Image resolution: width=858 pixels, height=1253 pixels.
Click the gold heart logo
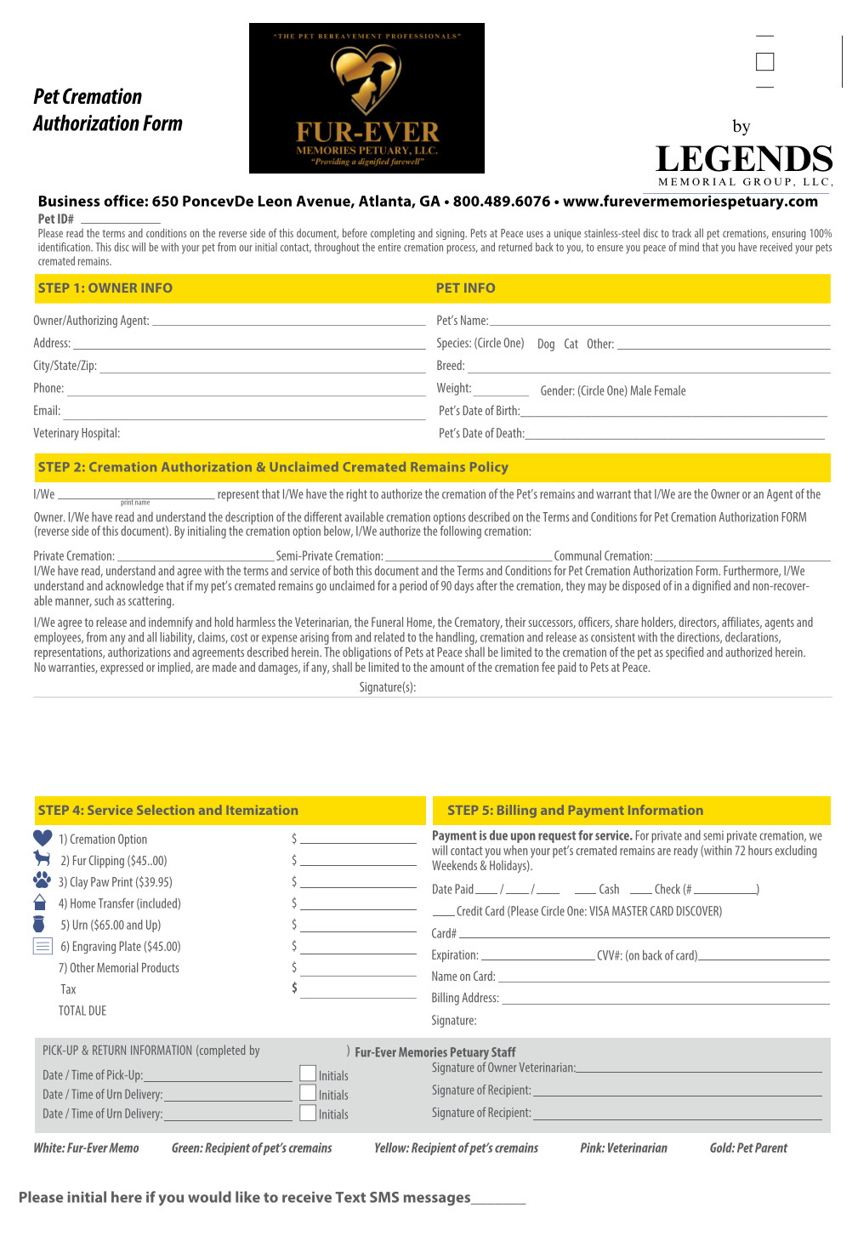(366, 78)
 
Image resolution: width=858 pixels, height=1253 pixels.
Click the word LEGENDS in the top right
(744, 159)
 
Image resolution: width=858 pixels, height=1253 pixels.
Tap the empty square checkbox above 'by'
(764, 62)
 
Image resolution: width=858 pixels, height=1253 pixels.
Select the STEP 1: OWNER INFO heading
(105, 288)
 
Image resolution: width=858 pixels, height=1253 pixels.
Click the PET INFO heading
(465, 288)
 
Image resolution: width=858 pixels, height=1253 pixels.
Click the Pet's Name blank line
(660, 323)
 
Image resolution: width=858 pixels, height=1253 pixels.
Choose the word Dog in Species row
(546, 345)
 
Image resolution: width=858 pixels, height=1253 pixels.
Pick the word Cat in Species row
(571, 345)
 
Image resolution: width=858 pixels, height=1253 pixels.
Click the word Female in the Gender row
(670, 391)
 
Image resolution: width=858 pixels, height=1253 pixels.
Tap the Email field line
(244, 417)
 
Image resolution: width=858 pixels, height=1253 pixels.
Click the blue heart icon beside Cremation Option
(43, 838)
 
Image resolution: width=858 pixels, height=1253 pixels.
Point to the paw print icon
(42, 880)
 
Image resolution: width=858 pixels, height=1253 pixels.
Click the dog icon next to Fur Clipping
(42, 859)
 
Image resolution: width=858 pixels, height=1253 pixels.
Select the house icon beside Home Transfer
(39, 902)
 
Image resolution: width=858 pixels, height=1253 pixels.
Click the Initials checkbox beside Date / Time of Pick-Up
(308, 1074)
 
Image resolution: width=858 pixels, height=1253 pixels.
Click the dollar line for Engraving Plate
(358, 953)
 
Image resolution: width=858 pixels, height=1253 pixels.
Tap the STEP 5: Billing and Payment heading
(575, 811)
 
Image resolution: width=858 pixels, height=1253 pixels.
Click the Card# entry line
(644, 937)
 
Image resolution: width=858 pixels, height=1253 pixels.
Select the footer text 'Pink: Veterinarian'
(623, 1148)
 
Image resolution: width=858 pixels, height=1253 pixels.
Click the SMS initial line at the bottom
(498, 1202)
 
